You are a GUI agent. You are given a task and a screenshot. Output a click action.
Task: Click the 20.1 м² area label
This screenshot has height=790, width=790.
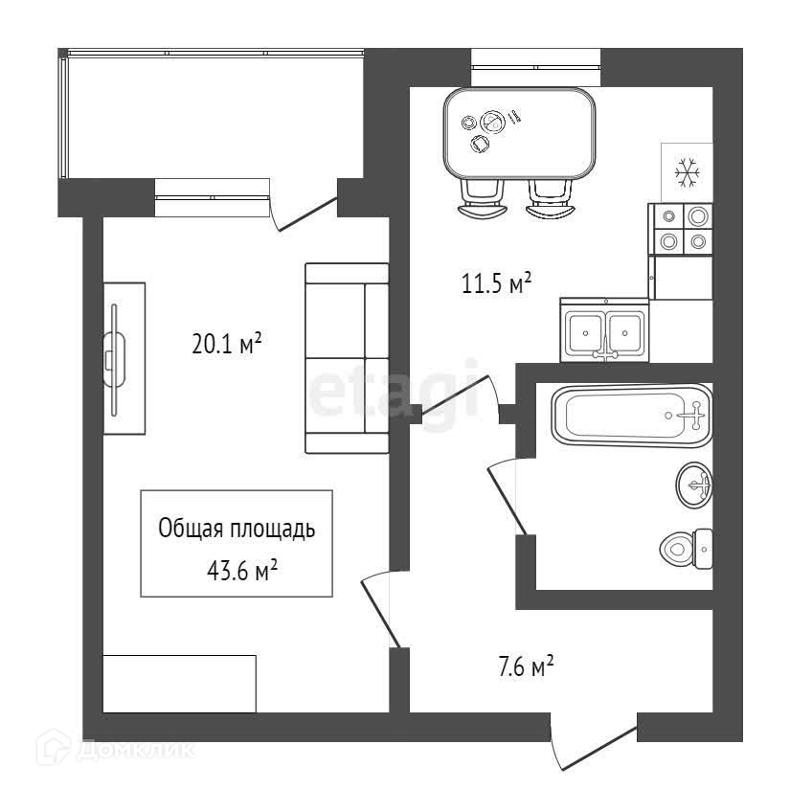pyautogui.click(x=227, y=344)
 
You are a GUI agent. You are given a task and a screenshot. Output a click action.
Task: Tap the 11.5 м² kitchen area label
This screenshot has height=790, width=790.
pyautogui.click(x=496, y=283)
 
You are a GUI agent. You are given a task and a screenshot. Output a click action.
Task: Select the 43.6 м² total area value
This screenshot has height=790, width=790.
pyautogui.click(x=242, y=571)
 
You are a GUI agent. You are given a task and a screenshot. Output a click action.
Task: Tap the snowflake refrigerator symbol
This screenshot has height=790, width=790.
pyautogui.click(x=687, y=172)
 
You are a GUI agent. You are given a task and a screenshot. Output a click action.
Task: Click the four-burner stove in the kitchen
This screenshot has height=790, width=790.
pyautogui.click(x=682, y=230)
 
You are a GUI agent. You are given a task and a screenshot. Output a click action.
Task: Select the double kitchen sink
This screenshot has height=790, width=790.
pyautogui.click(x=605, y=330)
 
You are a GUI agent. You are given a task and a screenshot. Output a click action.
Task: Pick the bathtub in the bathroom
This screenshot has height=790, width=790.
pyautogui.click(x=632, y=416)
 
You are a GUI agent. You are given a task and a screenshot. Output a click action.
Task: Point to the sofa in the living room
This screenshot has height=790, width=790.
pyautogui.click(x=347, y=357)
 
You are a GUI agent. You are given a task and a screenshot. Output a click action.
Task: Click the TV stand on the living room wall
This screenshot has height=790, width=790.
pyautogui.click(x=124, y=358)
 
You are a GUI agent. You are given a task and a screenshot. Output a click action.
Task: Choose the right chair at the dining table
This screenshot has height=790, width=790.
pyautogui.click(x=551, y=199)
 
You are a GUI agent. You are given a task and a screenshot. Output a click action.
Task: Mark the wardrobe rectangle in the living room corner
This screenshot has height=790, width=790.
pyautogui.click(x=179, y=683)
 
